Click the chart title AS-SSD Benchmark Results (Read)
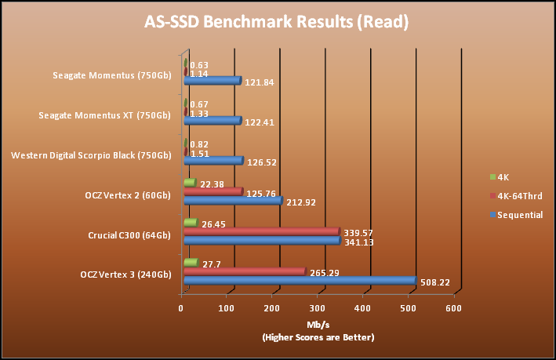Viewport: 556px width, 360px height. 278,21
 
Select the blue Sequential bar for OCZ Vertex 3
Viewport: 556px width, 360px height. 299,281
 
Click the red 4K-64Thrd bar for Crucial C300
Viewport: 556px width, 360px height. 261,231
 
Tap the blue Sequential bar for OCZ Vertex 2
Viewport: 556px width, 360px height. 232,201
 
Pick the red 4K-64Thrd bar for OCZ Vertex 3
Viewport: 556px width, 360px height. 244,271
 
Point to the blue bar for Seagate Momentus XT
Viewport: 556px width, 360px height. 212,121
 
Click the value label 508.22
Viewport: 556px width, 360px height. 434,282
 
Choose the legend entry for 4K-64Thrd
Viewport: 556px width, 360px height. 518,195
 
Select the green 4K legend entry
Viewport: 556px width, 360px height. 503,176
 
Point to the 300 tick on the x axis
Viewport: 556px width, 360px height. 318,308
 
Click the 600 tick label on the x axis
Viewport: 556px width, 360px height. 452,308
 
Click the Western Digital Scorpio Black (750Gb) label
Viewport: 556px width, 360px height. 91,155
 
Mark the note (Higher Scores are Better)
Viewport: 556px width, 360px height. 318,337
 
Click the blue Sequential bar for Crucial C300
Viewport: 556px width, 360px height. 261,241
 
